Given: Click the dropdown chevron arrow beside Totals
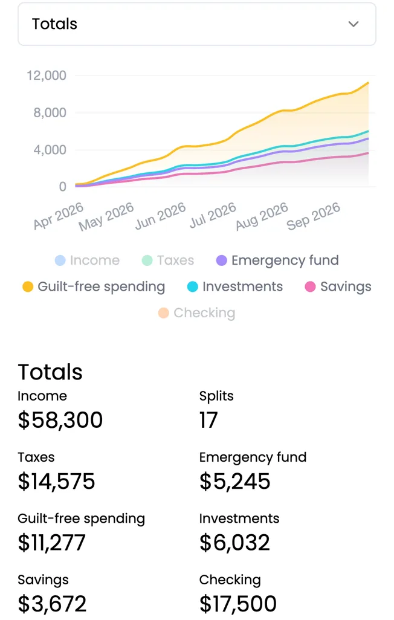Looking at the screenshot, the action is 354,24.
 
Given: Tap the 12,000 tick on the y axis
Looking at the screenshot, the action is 47,75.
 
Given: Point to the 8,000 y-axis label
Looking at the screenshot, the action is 50,112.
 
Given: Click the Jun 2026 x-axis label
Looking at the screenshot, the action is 160,216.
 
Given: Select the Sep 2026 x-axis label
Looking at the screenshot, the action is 313,216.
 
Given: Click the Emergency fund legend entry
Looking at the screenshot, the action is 278,260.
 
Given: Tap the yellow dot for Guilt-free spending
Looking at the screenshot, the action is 28,286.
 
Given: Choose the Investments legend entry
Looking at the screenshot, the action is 235,286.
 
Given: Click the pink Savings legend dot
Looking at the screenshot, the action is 310,286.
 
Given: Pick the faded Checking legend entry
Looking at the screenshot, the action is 196,313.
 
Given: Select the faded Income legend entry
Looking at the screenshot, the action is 87,260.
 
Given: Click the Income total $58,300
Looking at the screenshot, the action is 60,419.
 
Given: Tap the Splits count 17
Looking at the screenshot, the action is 208,419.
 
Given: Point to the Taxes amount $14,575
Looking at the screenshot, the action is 56,481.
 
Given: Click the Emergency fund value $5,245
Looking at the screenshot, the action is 235,481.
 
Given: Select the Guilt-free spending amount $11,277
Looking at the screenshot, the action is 51,543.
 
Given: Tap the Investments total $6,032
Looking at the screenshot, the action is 234,543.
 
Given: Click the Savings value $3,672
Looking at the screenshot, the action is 52,604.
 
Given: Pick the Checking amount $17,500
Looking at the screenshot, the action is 238,604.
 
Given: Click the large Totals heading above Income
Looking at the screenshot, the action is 50,372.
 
